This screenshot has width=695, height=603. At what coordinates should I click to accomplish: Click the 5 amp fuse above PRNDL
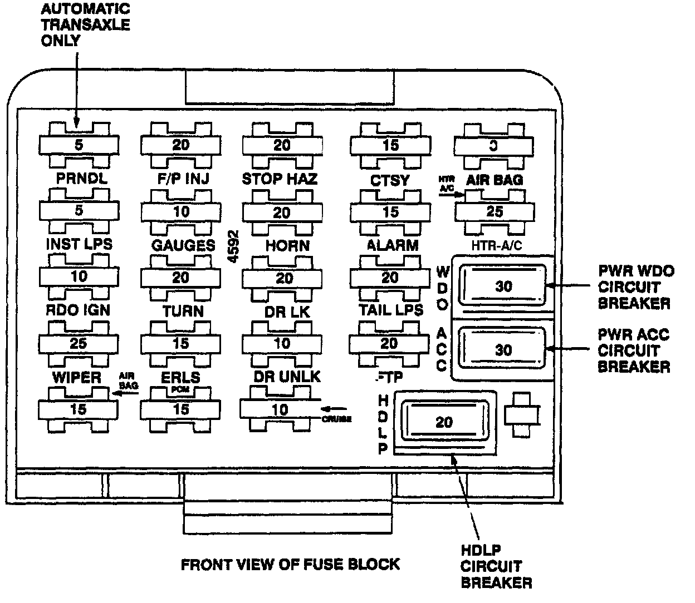click(x=79, y=145)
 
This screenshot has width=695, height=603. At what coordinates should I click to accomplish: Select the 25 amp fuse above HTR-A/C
click(x=495, y=211)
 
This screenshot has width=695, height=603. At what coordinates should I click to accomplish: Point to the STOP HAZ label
click(x=280, y=179)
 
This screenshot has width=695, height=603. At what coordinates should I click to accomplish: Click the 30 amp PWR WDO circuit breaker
click(x=503, y=286)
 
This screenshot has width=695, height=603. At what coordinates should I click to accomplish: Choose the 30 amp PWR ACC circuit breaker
click(x=503, y=349)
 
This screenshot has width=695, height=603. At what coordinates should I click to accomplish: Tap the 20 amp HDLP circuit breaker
click(x=444, y=422)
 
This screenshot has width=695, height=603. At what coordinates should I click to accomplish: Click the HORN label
click(x=287, y=245)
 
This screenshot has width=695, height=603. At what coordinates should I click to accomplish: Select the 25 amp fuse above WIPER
click(x=79, y=343)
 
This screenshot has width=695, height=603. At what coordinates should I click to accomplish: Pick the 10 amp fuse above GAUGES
click(x=180, y=211)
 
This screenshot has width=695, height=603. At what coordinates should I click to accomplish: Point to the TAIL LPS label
click(x=391, y=310)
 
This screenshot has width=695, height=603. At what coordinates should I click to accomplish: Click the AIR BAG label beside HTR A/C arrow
click(x=495, y=180)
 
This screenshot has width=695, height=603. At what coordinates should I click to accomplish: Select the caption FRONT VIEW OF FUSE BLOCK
click(x=290, y=564)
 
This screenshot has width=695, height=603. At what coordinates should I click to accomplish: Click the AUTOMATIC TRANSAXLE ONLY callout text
click(x=85, y=25)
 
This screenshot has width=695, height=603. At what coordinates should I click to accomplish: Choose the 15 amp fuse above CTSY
click(x=390, y=145)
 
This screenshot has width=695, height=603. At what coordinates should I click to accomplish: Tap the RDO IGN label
click(x=78, y=310)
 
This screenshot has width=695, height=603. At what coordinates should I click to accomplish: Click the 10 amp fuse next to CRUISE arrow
click(x=280, y=409)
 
